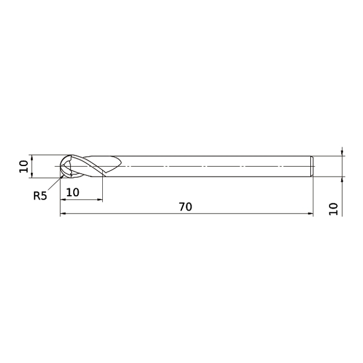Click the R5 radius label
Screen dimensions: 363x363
click(x=40, y=196)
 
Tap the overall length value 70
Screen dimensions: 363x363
click(x=185, y=207)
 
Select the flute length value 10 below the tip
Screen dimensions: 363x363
click(x=72, y=192)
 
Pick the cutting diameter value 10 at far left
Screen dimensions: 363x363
click(x=24, y=166)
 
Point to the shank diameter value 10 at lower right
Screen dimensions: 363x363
click(x=334, y=208)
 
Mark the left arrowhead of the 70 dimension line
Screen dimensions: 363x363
click(x=63, y=215)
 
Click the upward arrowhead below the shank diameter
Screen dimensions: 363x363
click(x=342, y=180)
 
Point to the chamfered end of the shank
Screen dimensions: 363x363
click(x=312, y=167)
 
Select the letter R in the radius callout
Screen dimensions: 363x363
click(x=37, y=196)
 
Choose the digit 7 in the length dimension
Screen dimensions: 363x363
click(x=182, y=207)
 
